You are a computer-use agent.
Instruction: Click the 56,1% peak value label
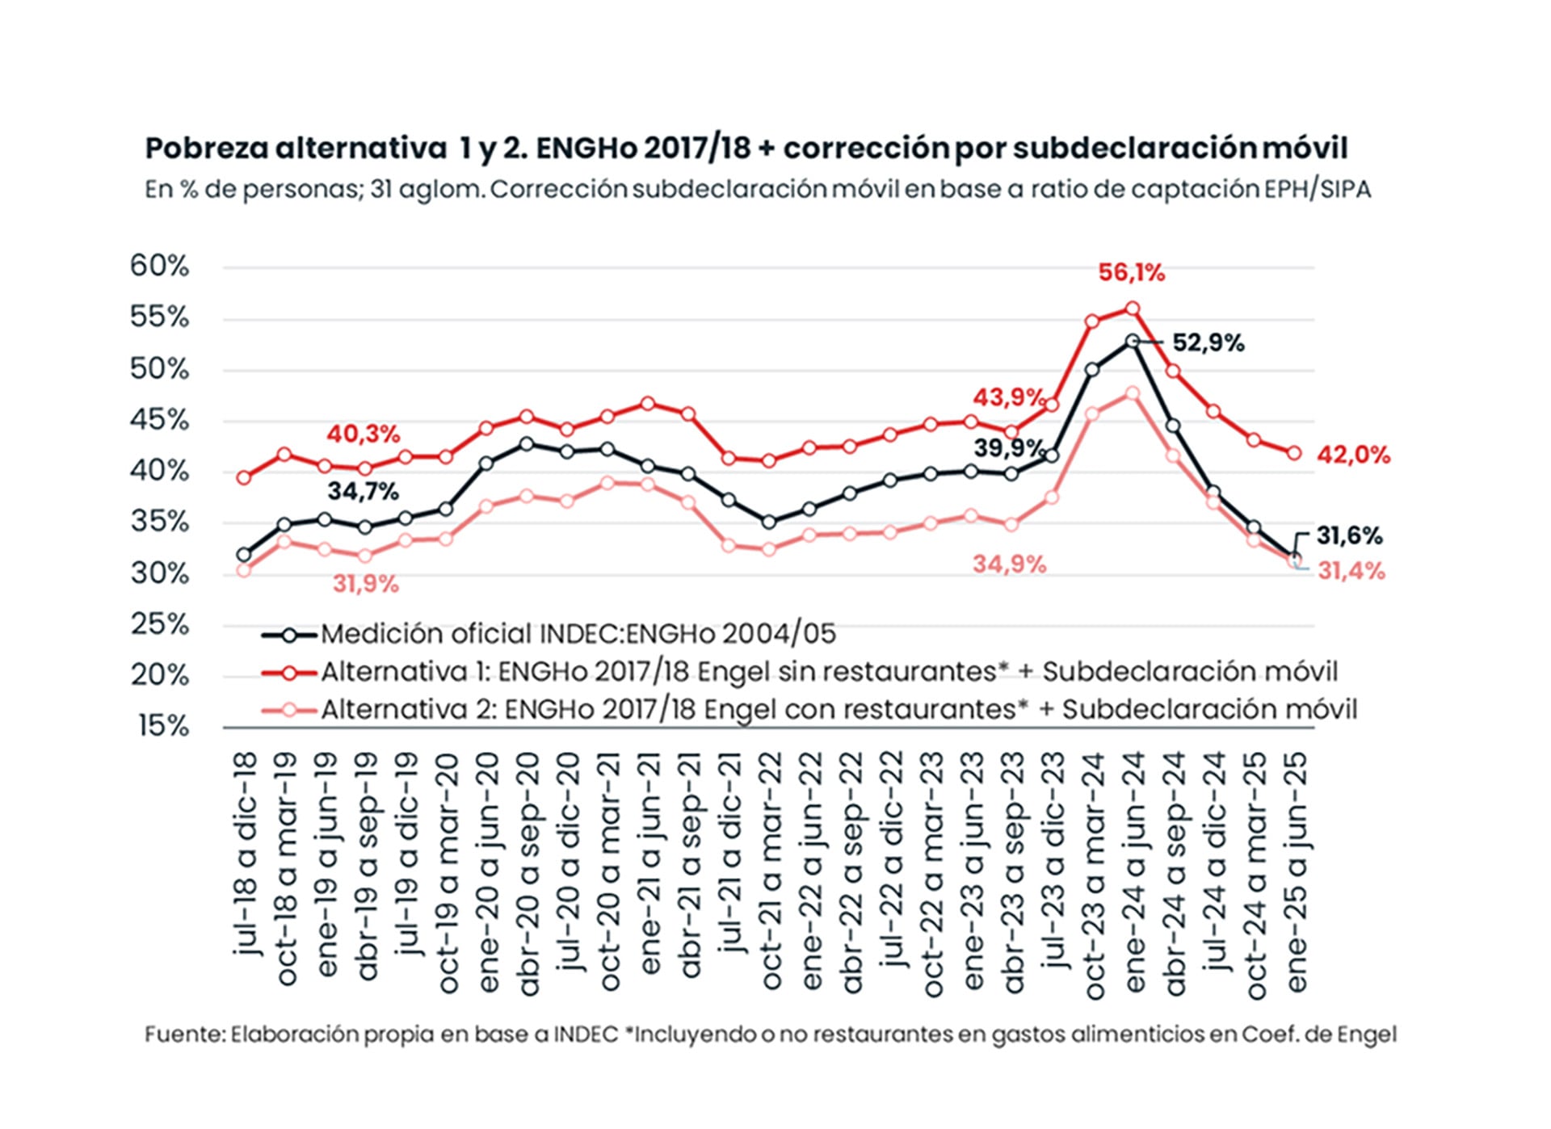[1131, 273]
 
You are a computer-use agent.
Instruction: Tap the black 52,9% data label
[1208, 343]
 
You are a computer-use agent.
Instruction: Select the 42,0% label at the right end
[1354, 455]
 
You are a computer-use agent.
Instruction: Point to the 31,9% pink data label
[366, 584]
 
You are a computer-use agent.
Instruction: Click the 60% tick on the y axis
[159, 266]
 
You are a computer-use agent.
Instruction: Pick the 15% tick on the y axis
[162, 726]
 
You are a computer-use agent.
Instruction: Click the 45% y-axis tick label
[159, 420]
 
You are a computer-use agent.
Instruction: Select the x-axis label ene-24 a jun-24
[1133, 872]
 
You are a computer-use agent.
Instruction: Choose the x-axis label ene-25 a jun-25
[1294, 872]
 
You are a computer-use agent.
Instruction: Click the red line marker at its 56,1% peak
[1133, 308]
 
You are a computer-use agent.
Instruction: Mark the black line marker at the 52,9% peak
[1133, 342]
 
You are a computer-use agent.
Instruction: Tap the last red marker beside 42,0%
[1294, 454]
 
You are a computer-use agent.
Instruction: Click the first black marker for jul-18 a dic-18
[244, 555]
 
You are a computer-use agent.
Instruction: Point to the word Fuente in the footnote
[184, 1035]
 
